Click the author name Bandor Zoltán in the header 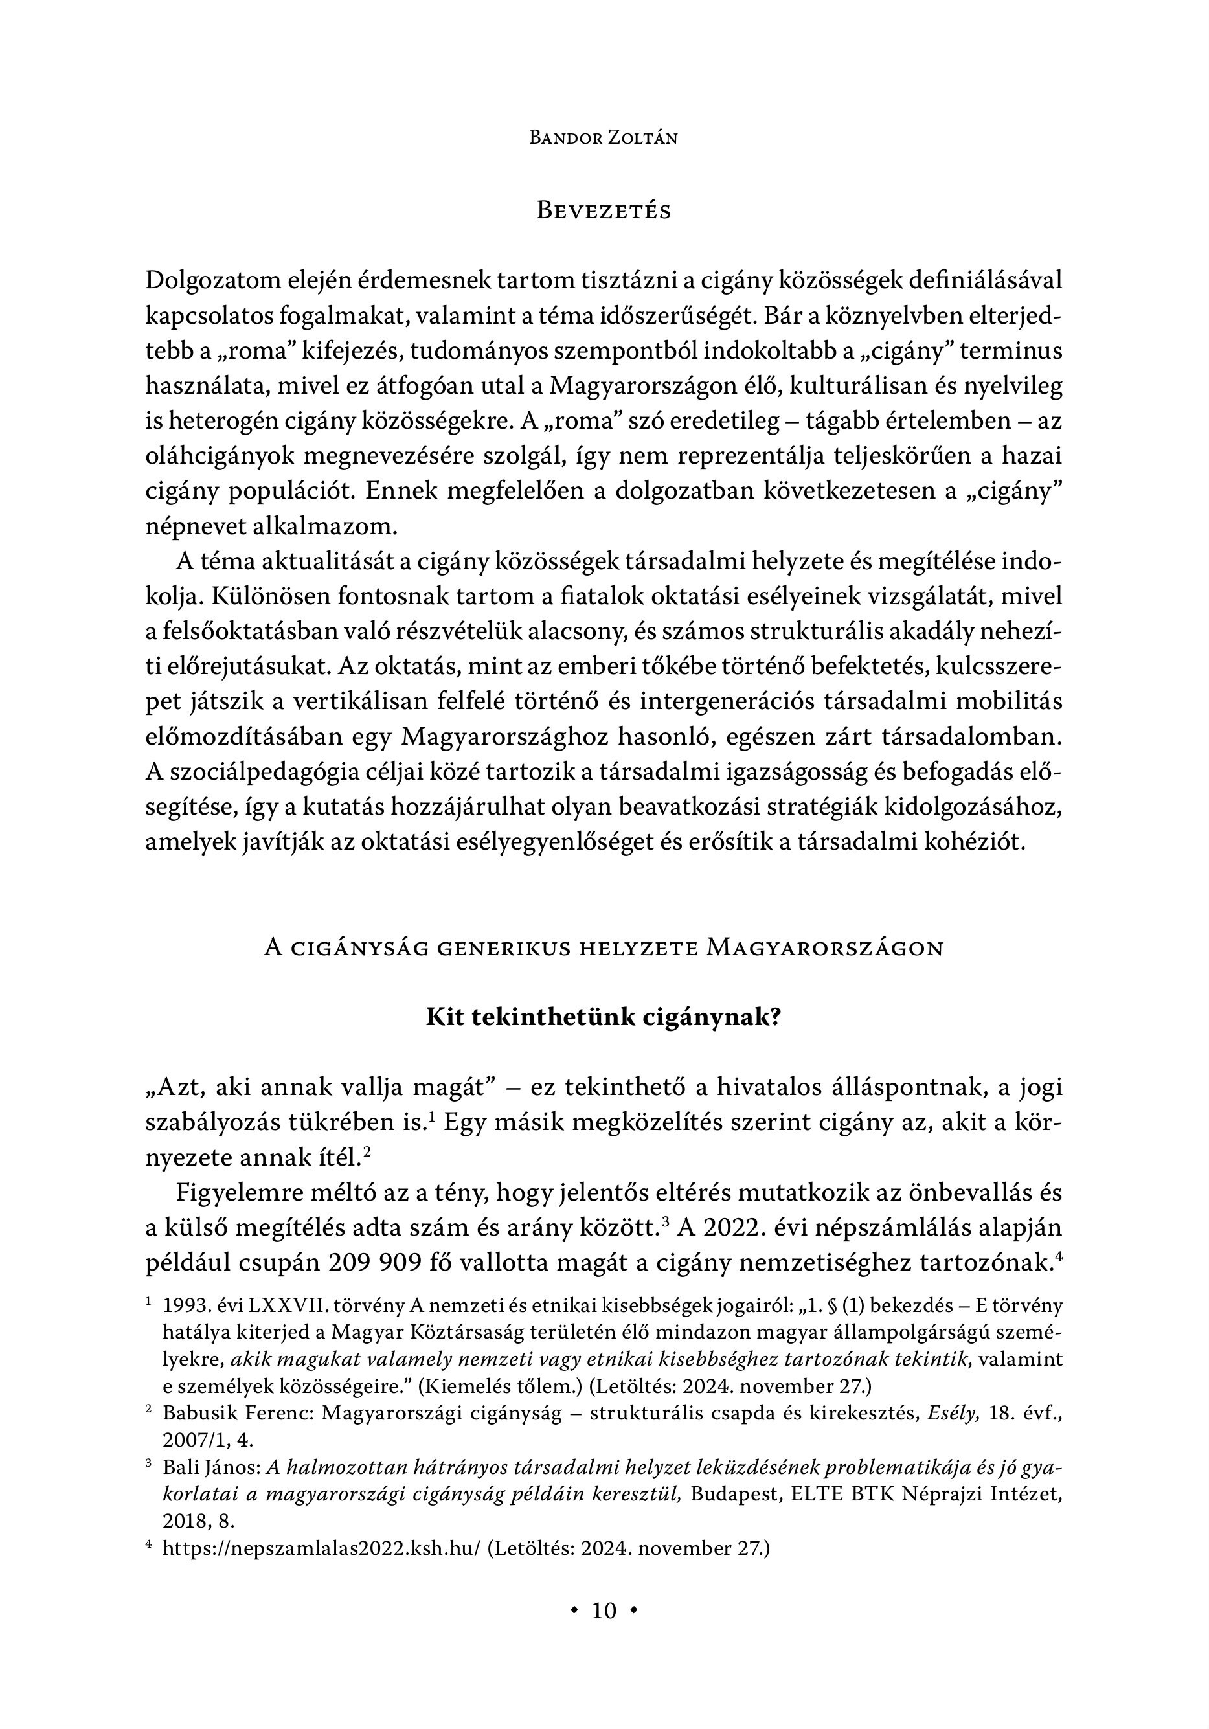click(x=604, y=138)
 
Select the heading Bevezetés click(x=604, y=211)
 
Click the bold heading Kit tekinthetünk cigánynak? click(x=604, y=1018)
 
